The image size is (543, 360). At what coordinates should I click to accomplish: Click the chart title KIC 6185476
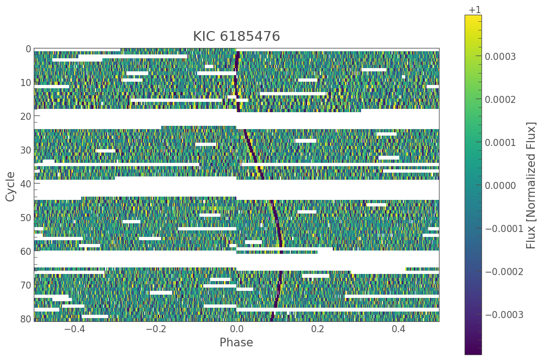[236, 36]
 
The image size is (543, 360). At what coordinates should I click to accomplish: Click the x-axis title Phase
[236, 343]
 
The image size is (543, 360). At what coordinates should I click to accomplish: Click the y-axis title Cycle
[10, 186]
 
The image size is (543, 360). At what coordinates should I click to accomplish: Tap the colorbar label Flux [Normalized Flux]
[531, 185]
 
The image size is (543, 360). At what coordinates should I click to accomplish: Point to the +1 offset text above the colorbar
[474, 10]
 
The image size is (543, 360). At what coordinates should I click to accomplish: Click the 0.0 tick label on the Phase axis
[236, 329]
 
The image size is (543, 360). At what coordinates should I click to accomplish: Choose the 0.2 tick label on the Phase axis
[318, 329]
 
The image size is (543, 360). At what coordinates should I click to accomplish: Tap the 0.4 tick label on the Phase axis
[399, 329]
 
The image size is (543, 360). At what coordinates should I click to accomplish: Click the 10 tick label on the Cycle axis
[25, 83]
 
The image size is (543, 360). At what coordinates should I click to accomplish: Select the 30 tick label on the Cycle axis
[25, 150]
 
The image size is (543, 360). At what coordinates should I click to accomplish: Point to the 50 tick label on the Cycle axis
[25, 218]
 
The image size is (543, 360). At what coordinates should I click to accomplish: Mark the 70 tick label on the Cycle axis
[25, 285]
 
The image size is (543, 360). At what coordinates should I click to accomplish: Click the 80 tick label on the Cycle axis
[25, 319]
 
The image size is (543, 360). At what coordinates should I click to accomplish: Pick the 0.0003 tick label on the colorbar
[500, 57]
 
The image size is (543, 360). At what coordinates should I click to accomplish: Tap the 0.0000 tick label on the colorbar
[500, 186]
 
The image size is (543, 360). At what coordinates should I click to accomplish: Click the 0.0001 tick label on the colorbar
[500, 143]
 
